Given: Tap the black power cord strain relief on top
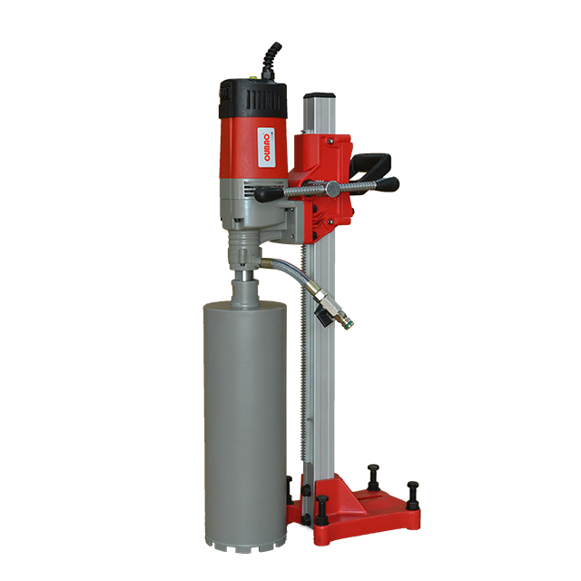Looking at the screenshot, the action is point(271,60).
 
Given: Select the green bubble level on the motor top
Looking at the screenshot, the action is point(253,77).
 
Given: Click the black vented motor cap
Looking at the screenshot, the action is point(253,98).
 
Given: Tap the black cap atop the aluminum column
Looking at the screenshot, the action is point(320,96).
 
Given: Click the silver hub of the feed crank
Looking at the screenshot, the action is point(332,190).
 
